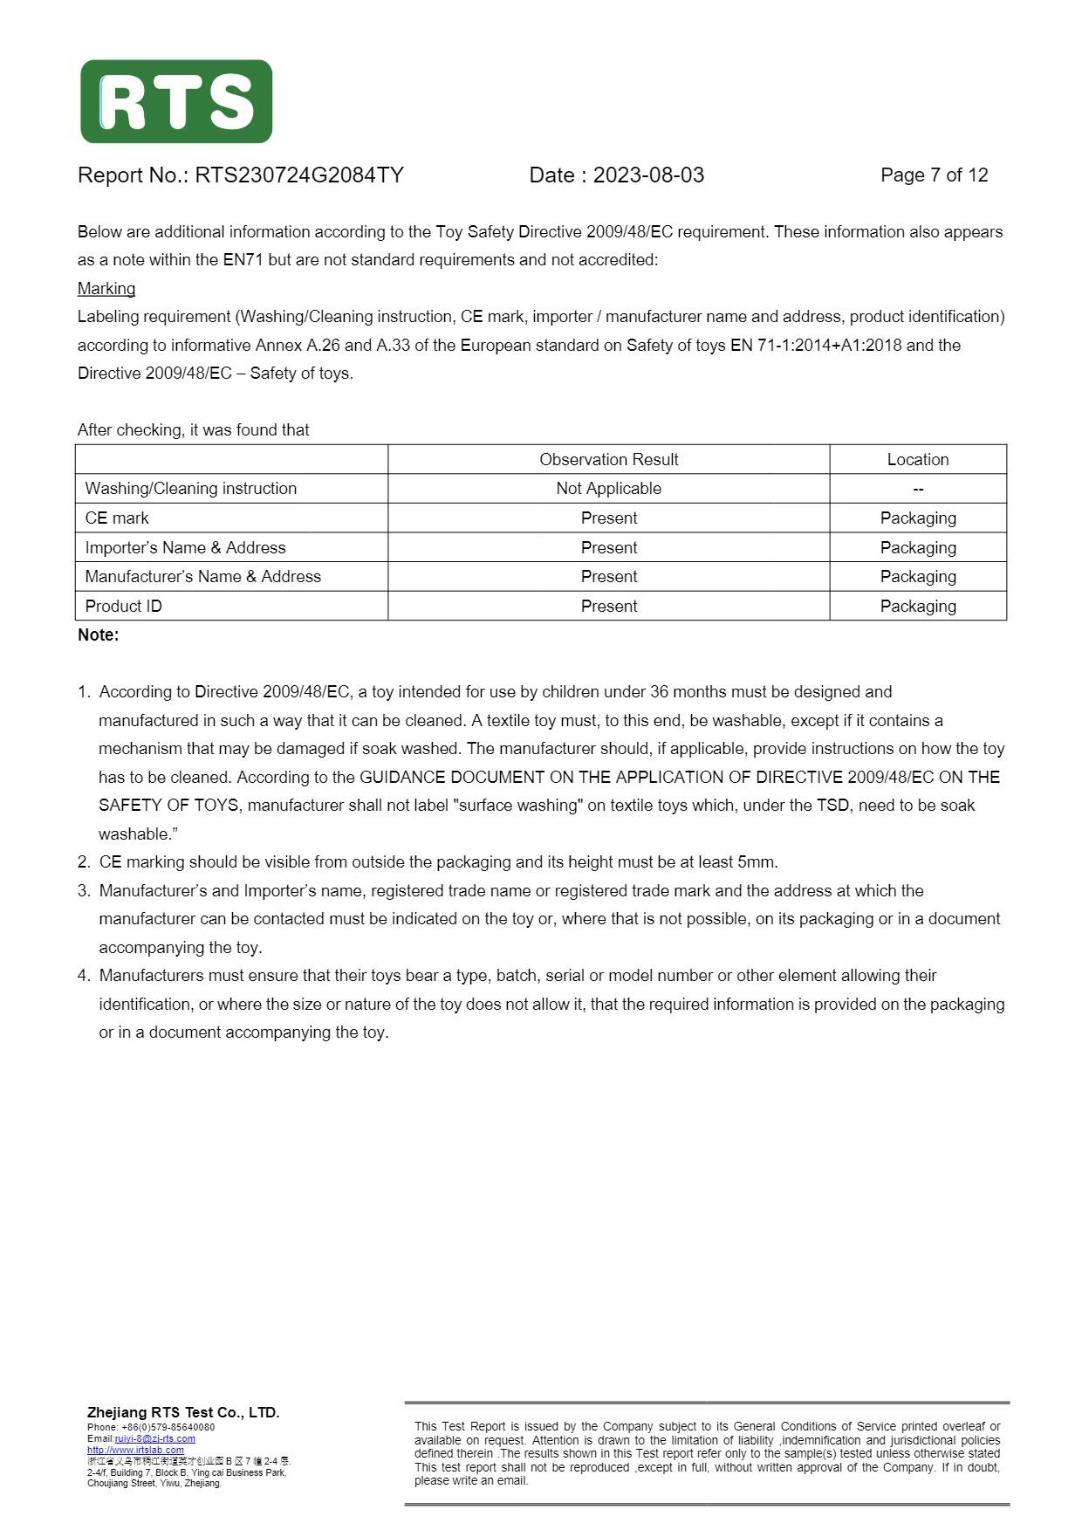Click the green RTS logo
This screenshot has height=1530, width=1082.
[176, 101]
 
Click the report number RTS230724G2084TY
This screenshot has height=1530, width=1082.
[298, 175]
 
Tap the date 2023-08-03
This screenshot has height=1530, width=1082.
[648, 175]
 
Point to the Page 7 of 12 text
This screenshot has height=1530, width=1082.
[934, 175]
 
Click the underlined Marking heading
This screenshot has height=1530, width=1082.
[106, 289]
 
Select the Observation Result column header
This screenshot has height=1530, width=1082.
[608, 459]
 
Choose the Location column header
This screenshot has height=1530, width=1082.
[918, 459]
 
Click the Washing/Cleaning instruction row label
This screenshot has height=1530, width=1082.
[191, 489]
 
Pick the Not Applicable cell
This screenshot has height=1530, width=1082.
[608, 489]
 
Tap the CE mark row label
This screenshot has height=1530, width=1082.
[117, 518]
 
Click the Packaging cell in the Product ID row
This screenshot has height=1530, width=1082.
[918, 607]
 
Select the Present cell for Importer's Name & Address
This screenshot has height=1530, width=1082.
[608, 548]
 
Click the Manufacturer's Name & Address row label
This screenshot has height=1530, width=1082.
[203, 577]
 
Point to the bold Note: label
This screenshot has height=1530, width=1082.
[99, 635]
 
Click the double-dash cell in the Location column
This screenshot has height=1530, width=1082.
[918, 490]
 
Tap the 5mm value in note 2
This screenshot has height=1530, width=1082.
[756, 862]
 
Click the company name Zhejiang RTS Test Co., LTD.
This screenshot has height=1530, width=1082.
[183, 1412]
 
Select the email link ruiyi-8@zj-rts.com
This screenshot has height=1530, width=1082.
[155, 1438]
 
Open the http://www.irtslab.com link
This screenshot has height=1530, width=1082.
[135, 1450]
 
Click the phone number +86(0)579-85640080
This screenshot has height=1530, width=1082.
[168, 1427]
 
